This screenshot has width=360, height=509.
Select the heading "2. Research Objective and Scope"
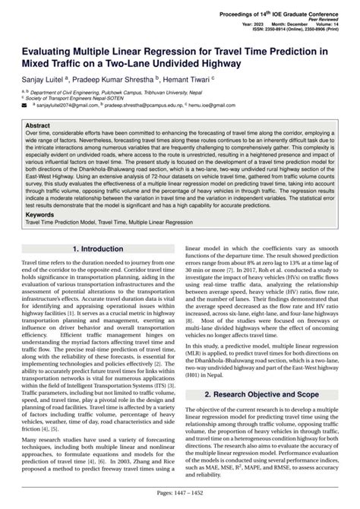coord(267,395)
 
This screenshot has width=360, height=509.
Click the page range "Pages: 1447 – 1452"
coord(180,494)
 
